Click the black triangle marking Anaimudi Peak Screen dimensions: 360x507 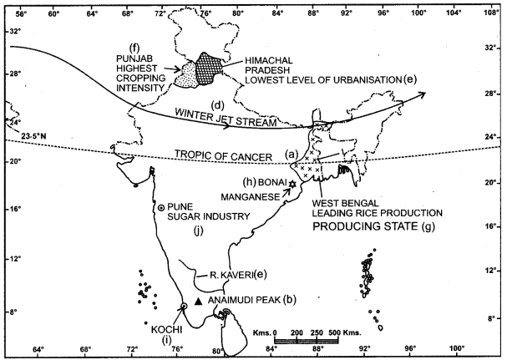(x=197, y=301)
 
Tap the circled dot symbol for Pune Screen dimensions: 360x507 (x=160, y=205)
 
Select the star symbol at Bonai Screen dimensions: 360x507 (x=293, y=184)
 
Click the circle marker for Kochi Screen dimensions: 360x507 (x=184, y=307)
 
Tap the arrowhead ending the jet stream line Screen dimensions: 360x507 (x=423, y=94)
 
